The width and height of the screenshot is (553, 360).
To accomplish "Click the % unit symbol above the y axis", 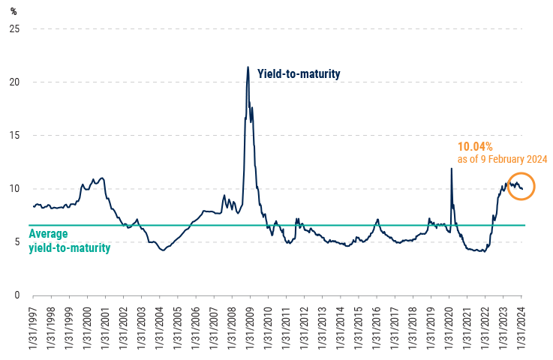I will [x=13, y=10].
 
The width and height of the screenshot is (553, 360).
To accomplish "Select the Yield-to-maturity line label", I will [x=299, y=73].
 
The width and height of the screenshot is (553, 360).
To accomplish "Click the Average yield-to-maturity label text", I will [x=69, y=241].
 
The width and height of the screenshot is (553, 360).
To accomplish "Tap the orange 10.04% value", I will [x=475, y=147].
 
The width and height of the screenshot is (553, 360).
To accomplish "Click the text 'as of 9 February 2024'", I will [x=502, y=160].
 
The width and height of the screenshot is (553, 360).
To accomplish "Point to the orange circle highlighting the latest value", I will [x=521, y=186].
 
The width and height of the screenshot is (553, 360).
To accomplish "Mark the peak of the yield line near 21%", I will [x=248, y=67].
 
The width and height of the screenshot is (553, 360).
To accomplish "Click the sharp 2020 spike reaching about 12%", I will [x=451, y=169].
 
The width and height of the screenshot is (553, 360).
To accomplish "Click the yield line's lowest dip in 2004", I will [x=163, y=250].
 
